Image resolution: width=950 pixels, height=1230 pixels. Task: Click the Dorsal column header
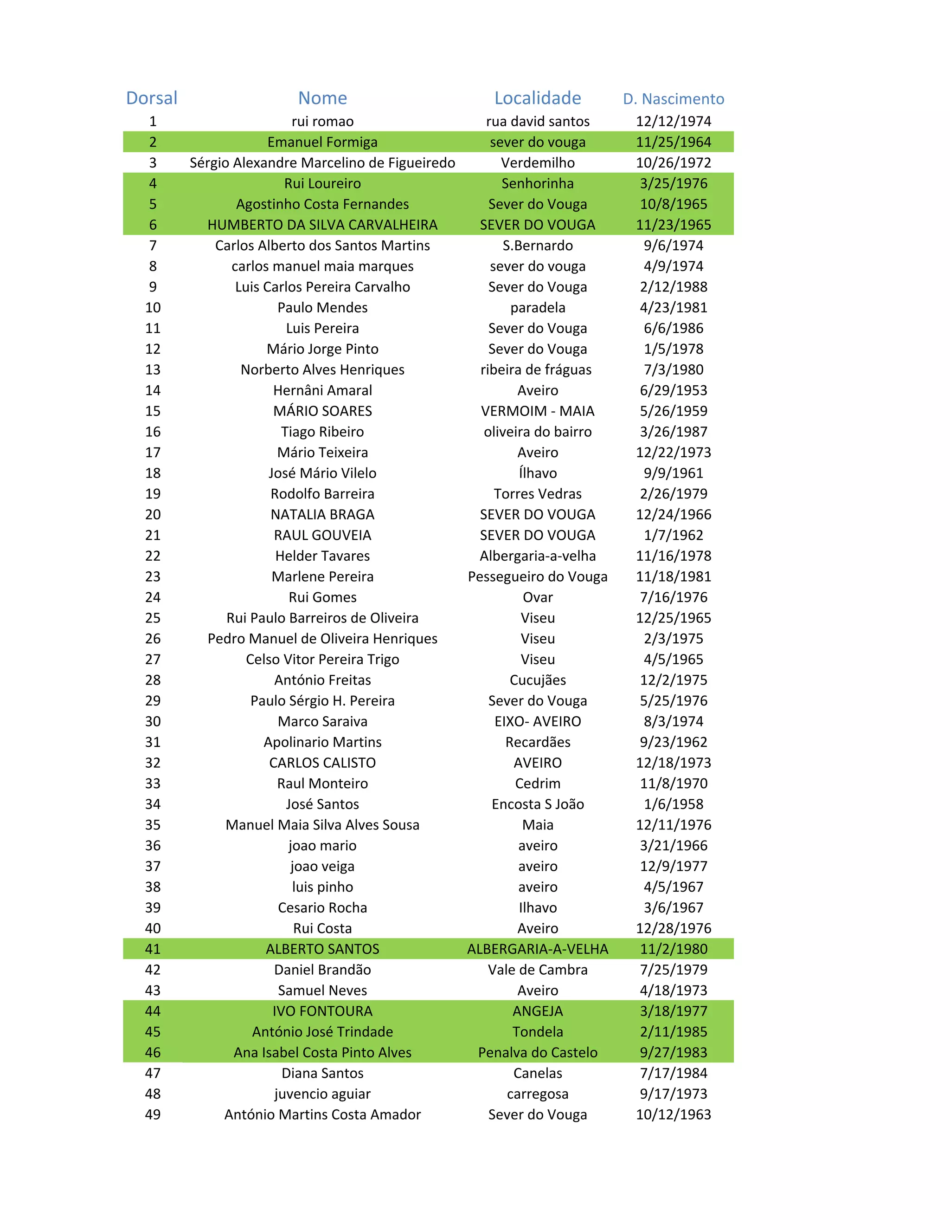(152, 98)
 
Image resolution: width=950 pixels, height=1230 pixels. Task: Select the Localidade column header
(538, 98)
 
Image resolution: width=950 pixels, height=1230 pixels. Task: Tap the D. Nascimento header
(673, 99)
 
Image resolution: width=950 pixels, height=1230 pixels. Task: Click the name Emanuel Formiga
(322, 142)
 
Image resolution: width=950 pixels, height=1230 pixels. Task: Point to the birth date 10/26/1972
(673, 163)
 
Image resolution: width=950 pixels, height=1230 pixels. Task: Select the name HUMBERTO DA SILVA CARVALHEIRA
(322, 225)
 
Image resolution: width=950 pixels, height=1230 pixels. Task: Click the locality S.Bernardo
(538, 246)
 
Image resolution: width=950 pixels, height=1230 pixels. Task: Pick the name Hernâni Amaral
(322, 390)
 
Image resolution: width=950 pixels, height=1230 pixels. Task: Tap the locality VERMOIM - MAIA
(538, 411)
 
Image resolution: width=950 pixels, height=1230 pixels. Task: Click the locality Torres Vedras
(538, 494)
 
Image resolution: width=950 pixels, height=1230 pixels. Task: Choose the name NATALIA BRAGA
(322, 515)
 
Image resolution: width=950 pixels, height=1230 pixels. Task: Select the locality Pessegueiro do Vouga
(538, 576)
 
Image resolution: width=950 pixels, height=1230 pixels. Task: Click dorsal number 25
(153, 618)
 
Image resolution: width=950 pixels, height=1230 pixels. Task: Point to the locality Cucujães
(538, 680)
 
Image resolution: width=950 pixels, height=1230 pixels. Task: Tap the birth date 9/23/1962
(673, 742)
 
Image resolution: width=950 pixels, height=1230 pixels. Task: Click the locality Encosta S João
(538, 804)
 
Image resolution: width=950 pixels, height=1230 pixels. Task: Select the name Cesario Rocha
(322, 908)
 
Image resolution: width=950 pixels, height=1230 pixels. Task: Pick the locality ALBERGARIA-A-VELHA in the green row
(538, 949)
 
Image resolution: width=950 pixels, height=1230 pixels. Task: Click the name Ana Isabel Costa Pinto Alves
(322, 1053)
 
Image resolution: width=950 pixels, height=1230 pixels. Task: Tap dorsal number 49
(153, 1114)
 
